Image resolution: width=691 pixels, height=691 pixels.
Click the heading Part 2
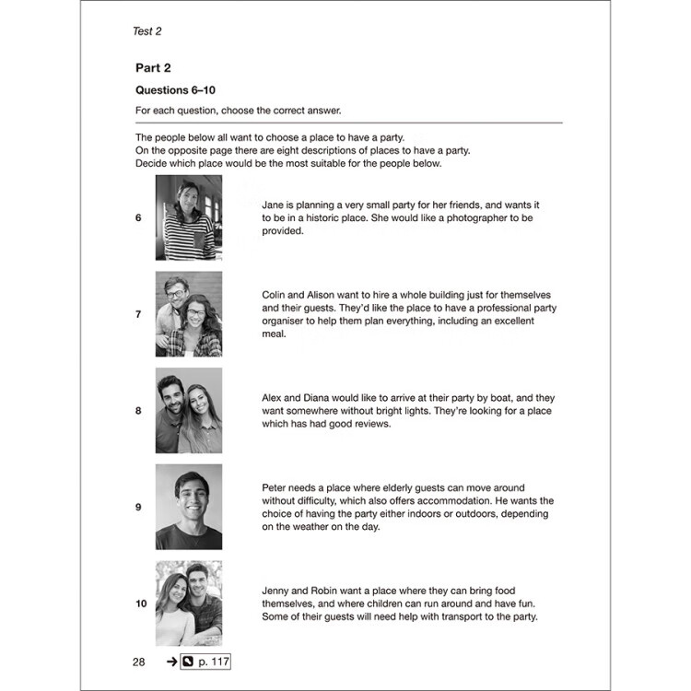153,68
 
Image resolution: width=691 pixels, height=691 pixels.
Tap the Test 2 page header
147,31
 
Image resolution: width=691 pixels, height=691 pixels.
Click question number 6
138,218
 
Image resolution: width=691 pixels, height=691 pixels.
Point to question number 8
138,411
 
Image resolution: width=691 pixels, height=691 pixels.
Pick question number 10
140,603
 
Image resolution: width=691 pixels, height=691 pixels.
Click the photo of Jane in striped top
189,218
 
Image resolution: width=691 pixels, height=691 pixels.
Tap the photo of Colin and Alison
189,314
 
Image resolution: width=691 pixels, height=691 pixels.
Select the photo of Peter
189,507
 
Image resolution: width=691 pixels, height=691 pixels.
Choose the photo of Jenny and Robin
189,603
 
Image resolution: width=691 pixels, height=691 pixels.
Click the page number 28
138,662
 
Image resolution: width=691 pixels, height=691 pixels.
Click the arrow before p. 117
171,662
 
